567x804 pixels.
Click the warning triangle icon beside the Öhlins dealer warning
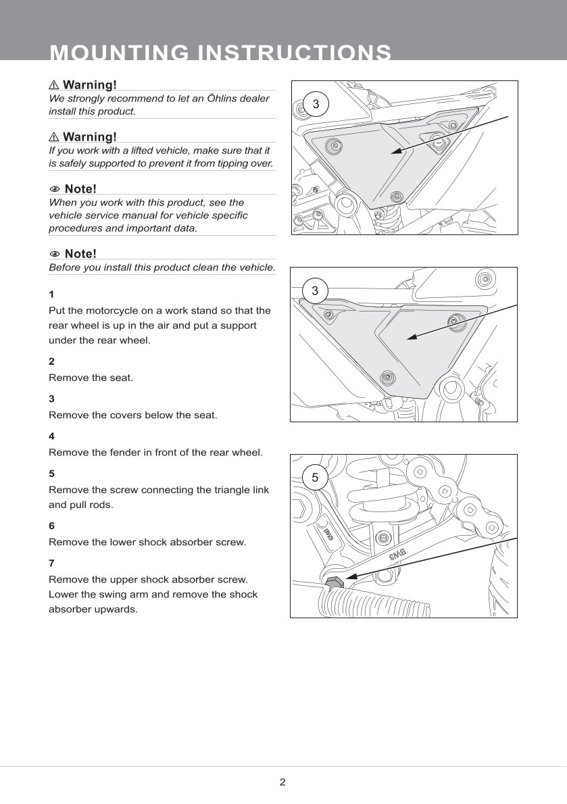click(54, 85)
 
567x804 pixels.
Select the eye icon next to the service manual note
click(55, 189)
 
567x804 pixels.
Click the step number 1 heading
click(51, 295)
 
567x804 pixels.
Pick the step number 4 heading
click(51, 436)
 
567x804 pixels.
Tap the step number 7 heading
click(51, 563)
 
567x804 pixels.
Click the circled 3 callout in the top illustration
click(315, 104)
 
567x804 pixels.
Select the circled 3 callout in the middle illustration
click(315, 291)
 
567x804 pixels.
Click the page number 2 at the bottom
click(282, 782)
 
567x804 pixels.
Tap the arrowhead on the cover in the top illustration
click(394, 153)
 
